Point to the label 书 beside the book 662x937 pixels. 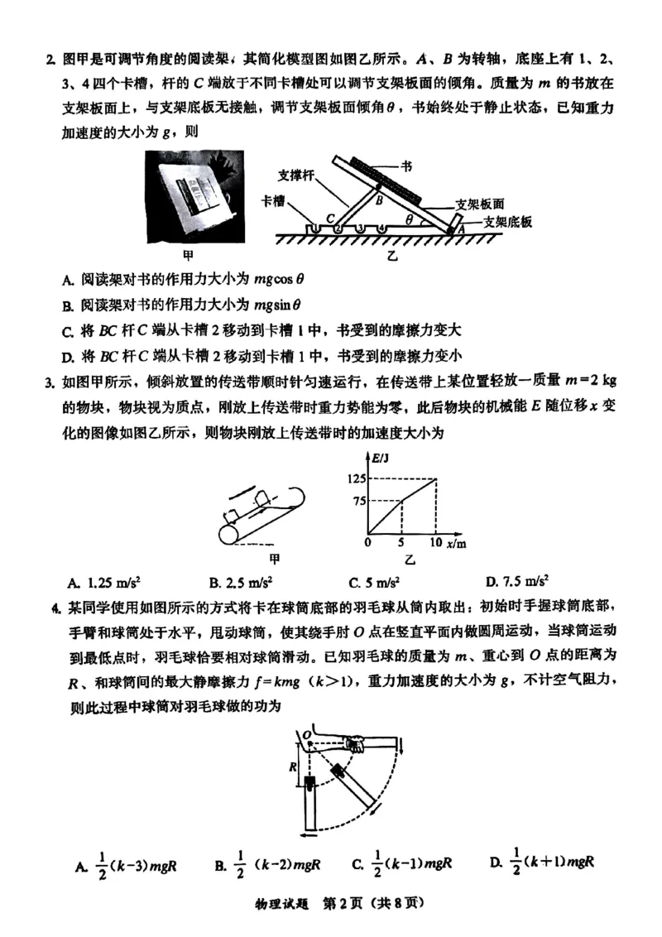pyautogui.click(x=406, y=166)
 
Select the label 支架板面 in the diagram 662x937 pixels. pyautogui.click(x=481, y=203)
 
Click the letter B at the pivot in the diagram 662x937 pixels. pyautogui.click(x=378, y=199)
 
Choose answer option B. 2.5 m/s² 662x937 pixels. pyautogui.click(x=241, y=580)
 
